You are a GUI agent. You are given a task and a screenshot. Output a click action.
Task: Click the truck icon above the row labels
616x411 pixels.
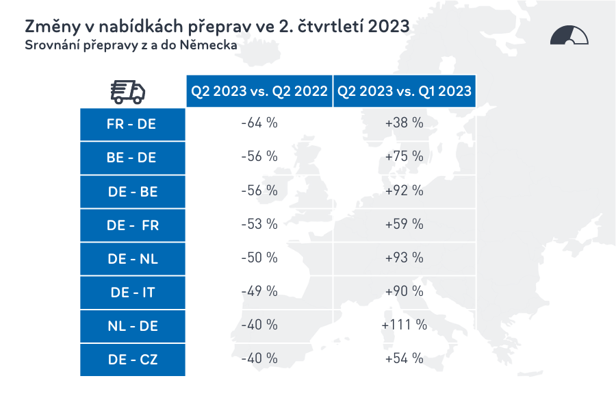pos(128,92)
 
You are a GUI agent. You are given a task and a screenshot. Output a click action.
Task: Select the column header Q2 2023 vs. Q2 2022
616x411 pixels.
pos(259,92)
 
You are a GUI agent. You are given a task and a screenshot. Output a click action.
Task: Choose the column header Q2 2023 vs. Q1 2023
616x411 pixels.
pos(405,92)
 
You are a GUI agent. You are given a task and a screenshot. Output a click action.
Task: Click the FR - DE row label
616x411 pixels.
pos(132,124)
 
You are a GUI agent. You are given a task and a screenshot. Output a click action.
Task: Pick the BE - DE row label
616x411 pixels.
pos(132,158)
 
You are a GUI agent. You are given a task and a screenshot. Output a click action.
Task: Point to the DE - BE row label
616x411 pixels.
pos(132,191)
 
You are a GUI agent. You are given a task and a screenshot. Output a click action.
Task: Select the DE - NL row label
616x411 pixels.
pos(132,258)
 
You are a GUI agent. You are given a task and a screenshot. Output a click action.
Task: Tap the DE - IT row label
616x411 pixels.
pos(132,292)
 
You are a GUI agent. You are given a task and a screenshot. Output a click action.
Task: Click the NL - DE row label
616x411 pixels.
pos(132,325)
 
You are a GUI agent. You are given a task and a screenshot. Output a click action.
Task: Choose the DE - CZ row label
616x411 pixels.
pos(132,359)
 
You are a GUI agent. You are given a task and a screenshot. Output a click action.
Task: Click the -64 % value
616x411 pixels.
pos(259,123)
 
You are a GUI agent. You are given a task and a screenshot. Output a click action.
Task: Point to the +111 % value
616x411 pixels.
pos(405,325)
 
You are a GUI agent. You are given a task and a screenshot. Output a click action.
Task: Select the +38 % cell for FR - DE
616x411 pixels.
pos(405,123)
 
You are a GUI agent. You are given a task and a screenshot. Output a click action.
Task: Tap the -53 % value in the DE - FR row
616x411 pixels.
pos(259,224)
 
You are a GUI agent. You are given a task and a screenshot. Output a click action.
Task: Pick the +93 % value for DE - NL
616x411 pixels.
pos(405,258)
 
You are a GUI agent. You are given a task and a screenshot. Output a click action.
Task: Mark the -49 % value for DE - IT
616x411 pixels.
pos(259,291)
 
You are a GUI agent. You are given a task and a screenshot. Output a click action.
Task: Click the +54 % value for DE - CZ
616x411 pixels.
pos(405,358)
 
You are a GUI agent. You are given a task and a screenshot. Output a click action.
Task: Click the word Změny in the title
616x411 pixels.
pos(51,26)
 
